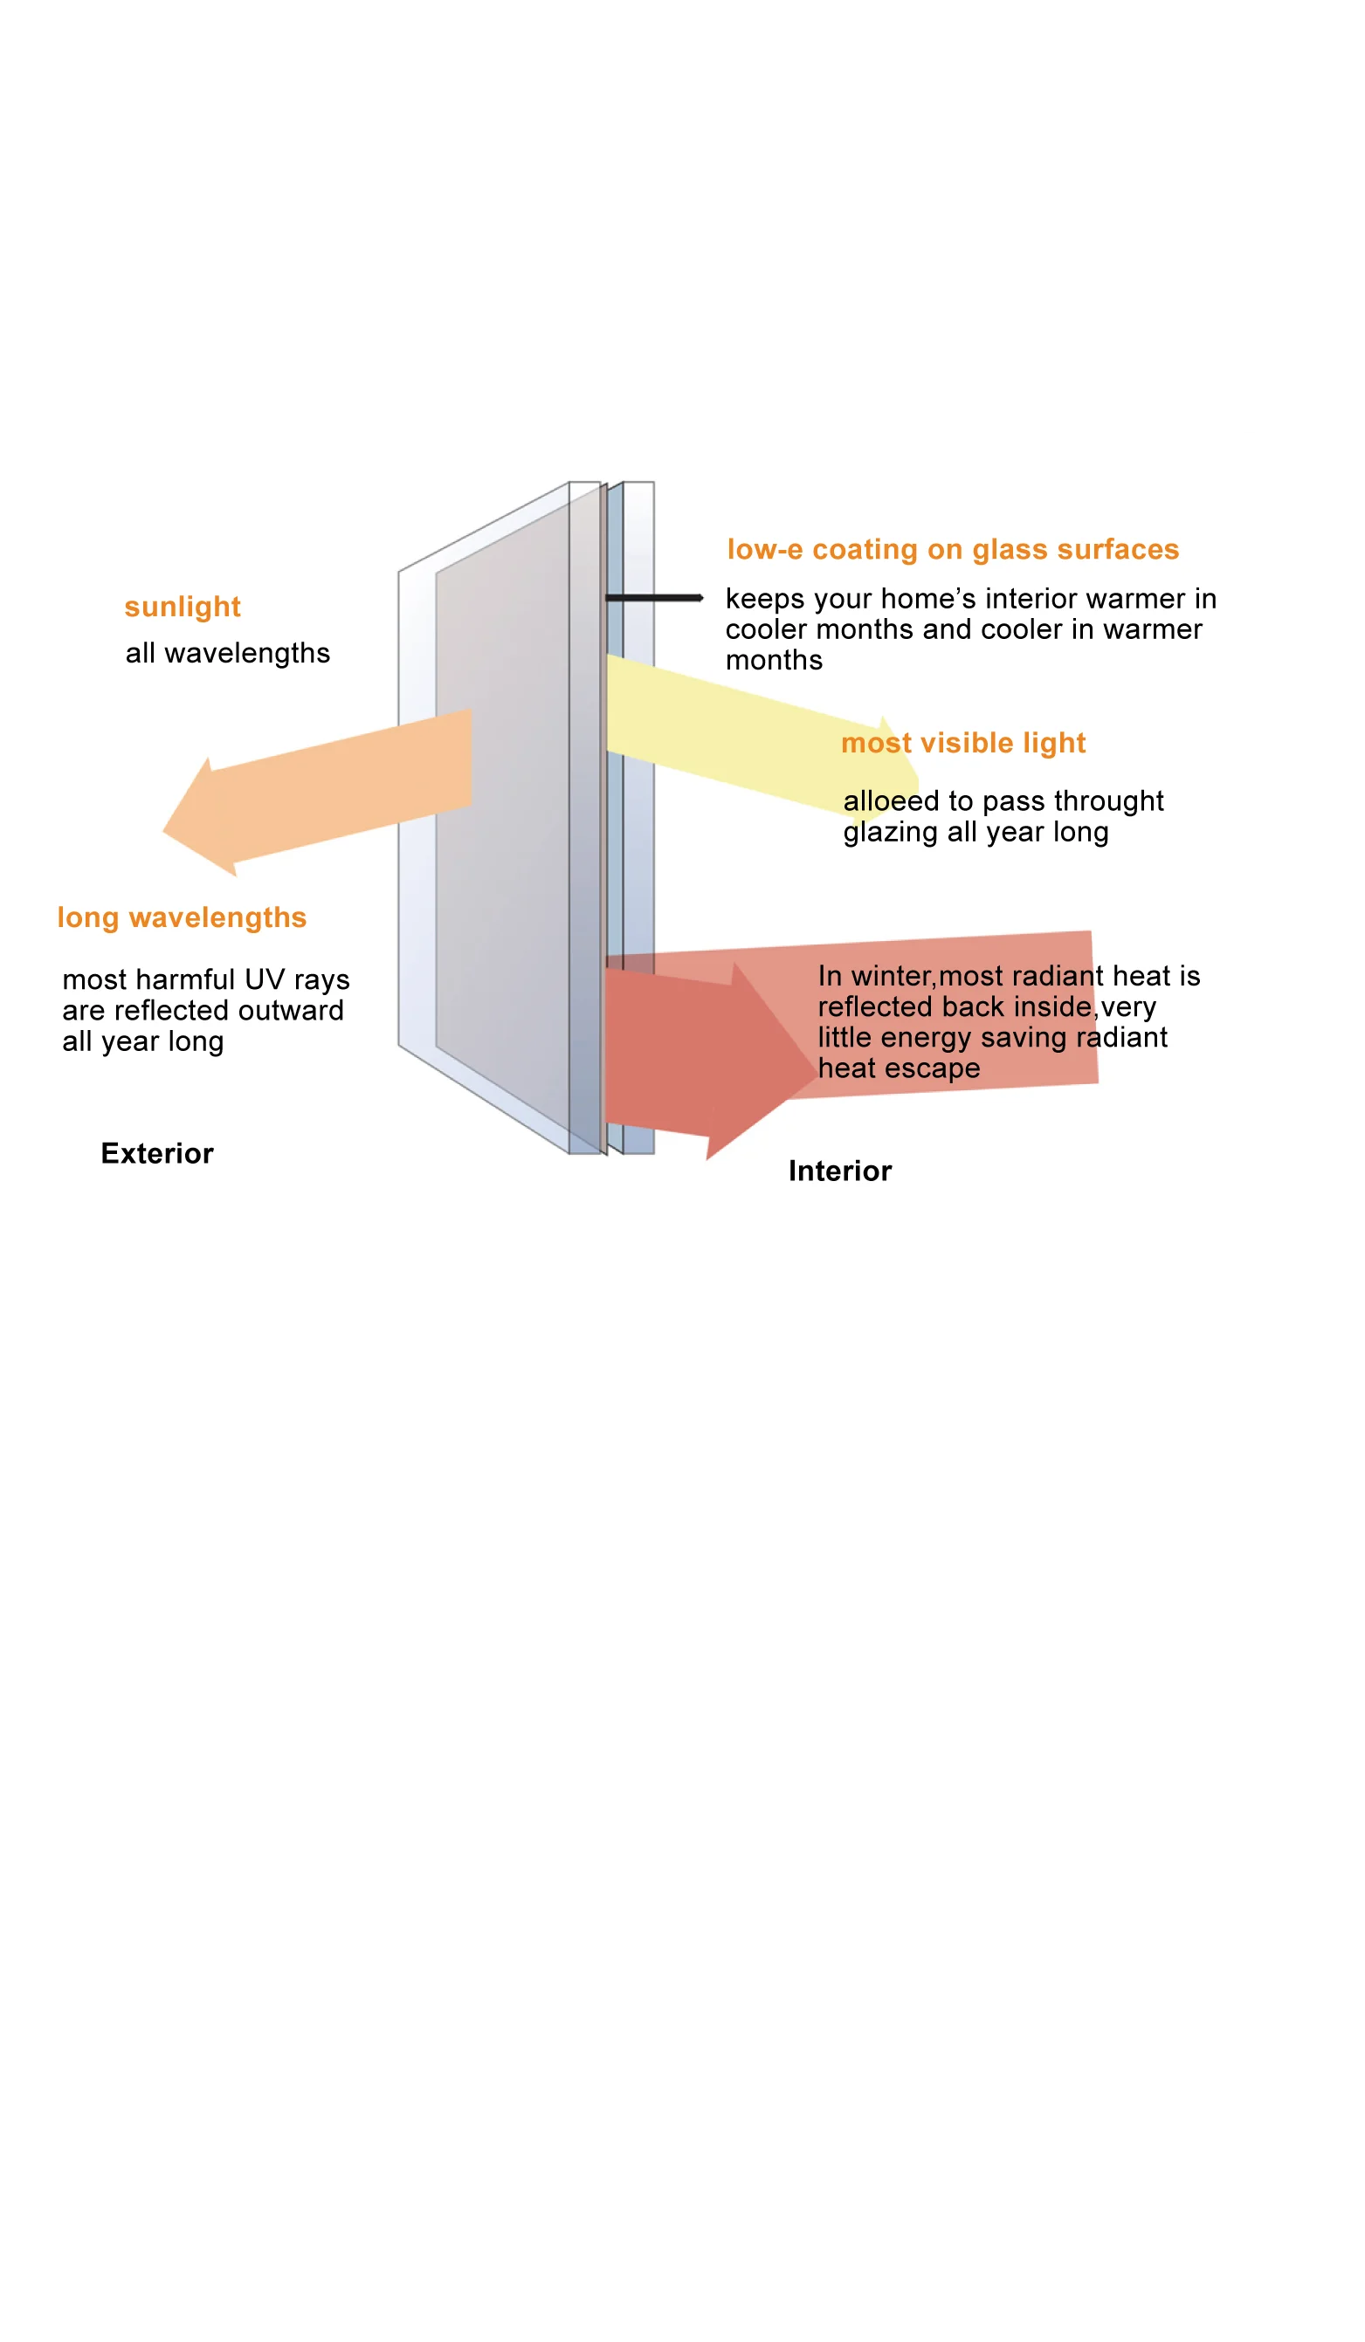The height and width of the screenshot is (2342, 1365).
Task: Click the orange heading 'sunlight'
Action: pyautogui.click(x=183, y=607)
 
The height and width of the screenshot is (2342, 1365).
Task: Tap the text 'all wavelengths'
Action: pyautogui.click(x=228, y=653)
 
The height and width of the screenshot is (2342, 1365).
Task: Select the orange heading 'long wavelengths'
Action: pyautogui.click(x=182, y=917)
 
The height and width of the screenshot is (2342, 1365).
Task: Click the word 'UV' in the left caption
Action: pyautogui.click(x=264, y=979)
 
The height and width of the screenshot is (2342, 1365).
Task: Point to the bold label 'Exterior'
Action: pyautogui.click(x=157, y=1153)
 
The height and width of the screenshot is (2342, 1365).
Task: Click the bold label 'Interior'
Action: pyautogui.click(x=839, y=1171)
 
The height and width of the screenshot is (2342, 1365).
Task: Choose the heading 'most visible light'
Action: pyautogui.click(x=963, y=743)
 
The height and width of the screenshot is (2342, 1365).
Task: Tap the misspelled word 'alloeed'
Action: pyautogui.click(x=891, y=801)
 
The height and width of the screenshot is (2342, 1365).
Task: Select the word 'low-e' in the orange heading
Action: pyautogui.click(x=764, y=549)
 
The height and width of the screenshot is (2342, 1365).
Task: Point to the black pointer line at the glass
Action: pyautogui.click(x=652, y=598)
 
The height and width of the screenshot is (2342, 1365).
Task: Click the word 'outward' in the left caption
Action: pyautogui.click(x=290, y=1010)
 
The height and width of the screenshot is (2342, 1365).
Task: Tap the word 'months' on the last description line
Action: pyautogui.click(x=774, y=661)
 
